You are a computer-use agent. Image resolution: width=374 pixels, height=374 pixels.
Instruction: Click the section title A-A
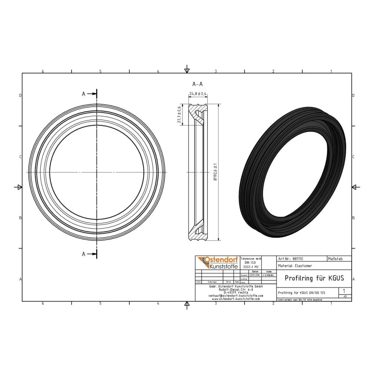pos(197,84)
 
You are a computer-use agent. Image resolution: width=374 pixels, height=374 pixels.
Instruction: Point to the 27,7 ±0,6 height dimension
pos(180,114)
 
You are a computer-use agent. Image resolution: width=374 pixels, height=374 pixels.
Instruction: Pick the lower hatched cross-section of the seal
pos(199,232)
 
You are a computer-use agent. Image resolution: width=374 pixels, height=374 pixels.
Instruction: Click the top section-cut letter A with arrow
pos(90,94)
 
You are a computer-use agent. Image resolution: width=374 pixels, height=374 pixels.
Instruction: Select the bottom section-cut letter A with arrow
pos(90,254)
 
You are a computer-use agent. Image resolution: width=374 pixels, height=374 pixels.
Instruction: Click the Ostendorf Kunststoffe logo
pos(217,263)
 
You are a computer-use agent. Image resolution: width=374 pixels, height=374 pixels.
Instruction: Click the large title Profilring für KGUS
pos(314,278)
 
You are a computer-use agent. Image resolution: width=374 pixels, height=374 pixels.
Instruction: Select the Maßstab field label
pos(334,258)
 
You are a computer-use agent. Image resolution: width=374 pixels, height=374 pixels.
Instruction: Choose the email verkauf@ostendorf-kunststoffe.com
pos(236,295)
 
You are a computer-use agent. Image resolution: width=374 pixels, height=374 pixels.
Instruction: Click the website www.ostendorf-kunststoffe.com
pos(236,299)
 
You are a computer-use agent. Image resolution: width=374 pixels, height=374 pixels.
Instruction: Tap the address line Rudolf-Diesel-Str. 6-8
pos(236,289)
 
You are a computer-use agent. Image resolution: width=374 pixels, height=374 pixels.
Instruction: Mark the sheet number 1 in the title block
pos(344,291)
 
